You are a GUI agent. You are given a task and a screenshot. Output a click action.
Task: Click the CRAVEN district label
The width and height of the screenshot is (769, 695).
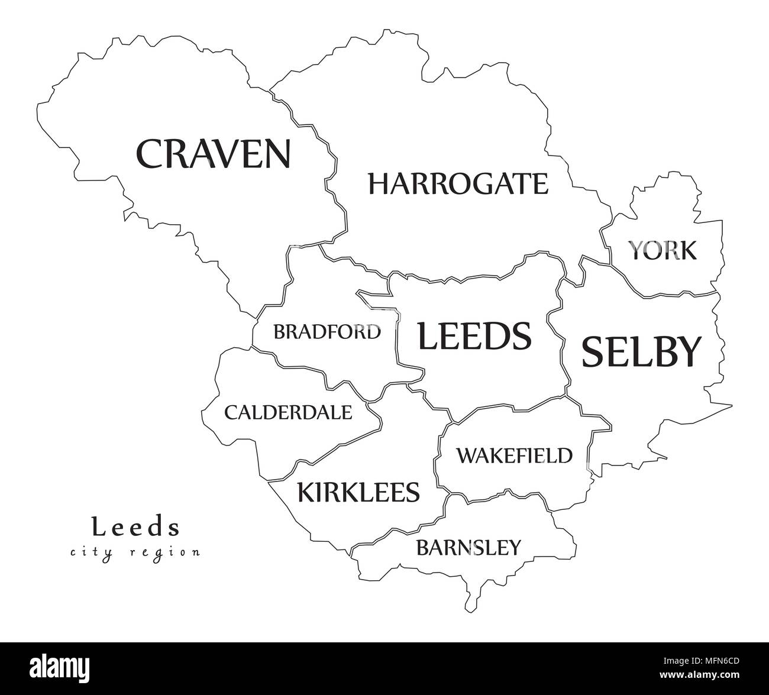click(x=214, y=153)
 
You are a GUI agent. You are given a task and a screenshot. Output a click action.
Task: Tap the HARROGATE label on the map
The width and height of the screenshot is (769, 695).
click(x=458, y=184)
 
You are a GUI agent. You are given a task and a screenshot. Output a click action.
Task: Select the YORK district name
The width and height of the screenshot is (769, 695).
click(x=662, y=251)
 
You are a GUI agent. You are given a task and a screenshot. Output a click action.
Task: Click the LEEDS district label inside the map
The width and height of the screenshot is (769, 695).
click(x=474, y=336)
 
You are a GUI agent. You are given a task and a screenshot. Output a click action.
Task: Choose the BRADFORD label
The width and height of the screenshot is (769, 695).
click(x=327, y=332)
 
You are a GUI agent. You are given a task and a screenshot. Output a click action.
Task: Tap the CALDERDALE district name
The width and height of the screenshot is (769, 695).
click(x=288, y=412)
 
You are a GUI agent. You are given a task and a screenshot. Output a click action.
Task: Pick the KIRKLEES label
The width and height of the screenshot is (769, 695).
click(x=358, y=492)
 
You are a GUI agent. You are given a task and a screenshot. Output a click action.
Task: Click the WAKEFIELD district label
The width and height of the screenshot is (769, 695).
click(x=514, y=455)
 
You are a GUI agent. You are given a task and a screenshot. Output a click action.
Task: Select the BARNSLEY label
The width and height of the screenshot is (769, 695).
click(x=468, y=548)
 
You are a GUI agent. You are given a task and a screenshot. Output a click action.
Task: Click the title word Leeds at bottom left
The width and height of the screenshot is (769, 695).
click(x=135, y=526)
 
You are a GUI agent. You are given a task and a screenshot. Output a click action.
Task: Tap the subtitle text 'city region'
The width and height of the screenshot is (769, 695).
click(x=135, y=552)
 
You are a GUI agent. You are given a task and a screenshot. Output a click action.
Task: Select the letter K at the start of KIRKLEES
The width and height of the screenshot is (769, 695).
click(x=306, y=492)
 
